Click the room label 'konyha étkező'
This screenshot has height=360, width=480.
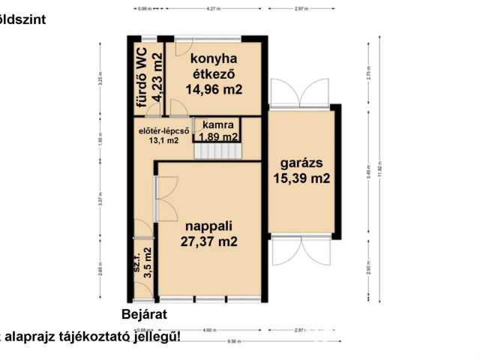(214, 66)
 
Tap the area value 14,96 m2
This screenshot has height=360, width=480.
(214, 89)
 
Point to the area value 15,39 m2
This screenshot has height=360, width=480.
(301, 178)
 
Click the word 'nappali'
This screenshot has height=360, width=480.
(208, 224)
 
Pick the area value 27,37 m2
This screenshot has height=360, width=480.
(208, 241)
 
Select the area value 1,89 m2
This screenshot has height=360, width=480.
(218, 136)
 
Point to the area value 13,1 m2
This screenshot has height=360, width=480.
(163, 139)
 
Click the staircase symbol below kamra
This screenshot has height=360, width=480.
(218, 151)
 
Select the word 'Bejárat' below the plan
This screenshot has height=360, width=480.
(144, 314)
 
